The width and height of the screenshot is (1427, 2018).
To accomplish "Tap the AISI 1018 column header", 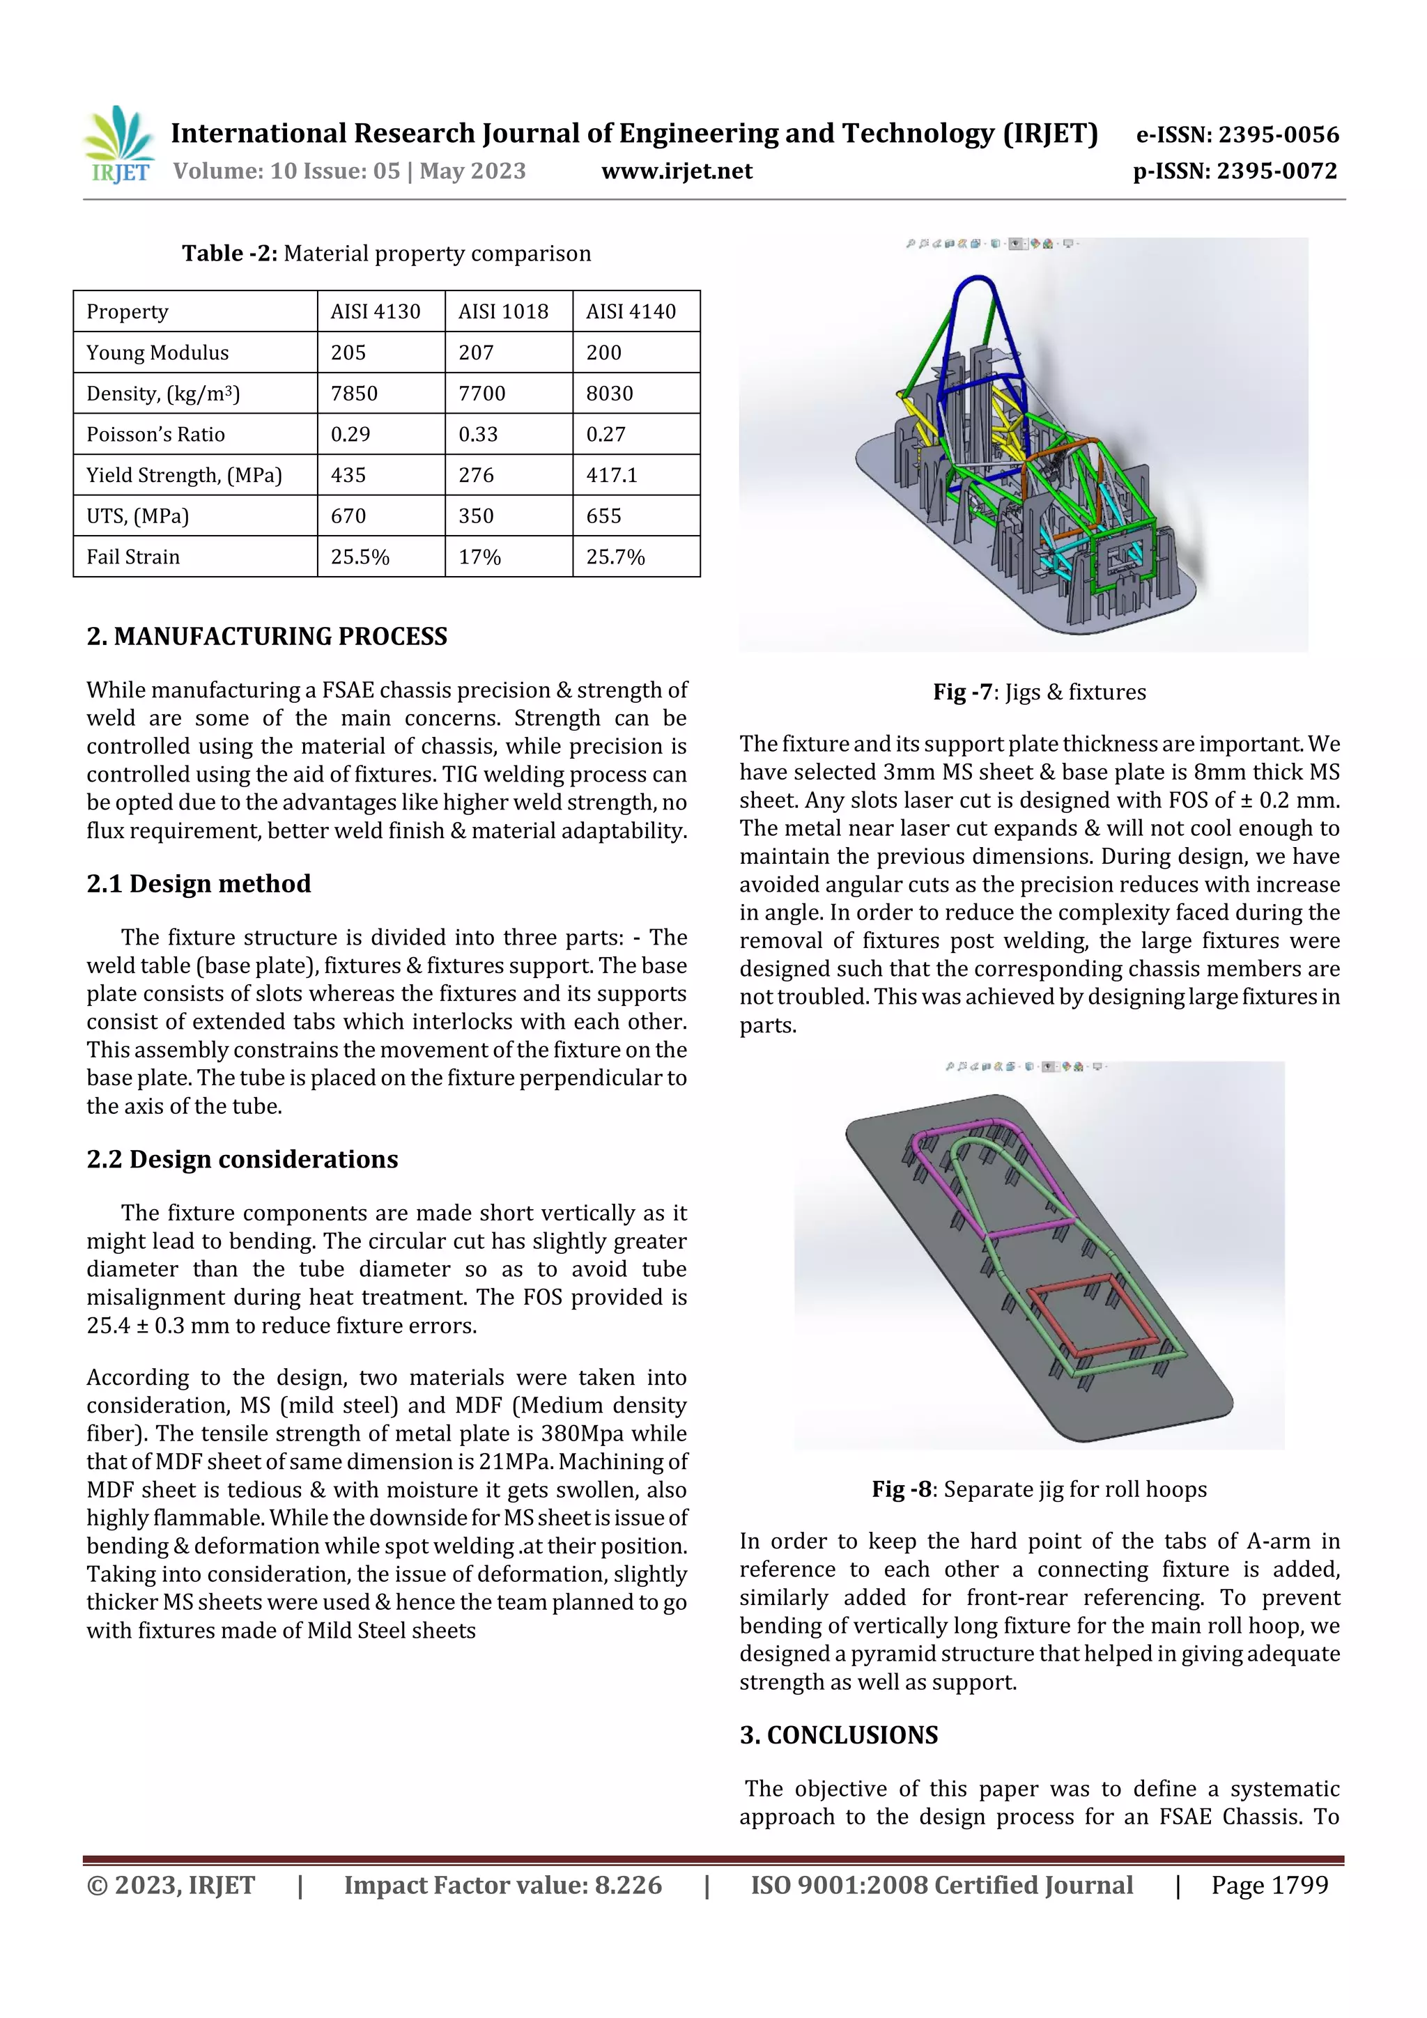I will (x=503, y=311).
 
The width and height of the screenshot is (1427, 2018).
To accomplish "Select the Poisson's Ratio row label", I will (x=155, y=434).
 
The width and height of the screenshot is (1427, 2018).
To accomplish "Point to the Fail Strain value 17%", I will (x=479, y=557).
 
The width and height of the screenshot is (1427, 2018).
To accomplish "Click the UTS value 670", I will (x=348, y=516).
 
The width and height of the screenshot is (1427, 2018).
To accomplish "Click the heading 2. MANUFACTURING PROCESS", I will (x=266, y=637).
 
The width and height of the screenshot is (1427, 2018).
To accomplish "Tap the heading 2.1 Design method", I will (x=199, y=883).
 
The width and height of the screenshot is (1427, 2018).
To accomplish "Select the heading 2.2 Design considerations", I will (x=242, y=1159).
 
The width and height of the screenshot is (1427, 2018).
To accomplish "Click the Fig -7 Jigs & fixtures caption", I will (x=1040, y=692).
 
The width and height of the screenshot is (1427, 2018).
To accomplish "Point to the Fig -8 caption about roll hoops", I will (x=1040, y=1489).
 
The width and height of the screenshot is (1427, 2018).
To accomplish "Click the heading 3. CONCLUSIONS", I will (x=839, y=1735).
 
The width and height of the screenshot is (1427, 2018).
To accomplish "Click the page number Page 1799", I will (x=1269, y=1884).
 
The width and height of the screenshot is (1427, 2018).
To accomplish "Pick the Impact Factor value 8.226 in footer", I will (x=502, y=1884).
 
